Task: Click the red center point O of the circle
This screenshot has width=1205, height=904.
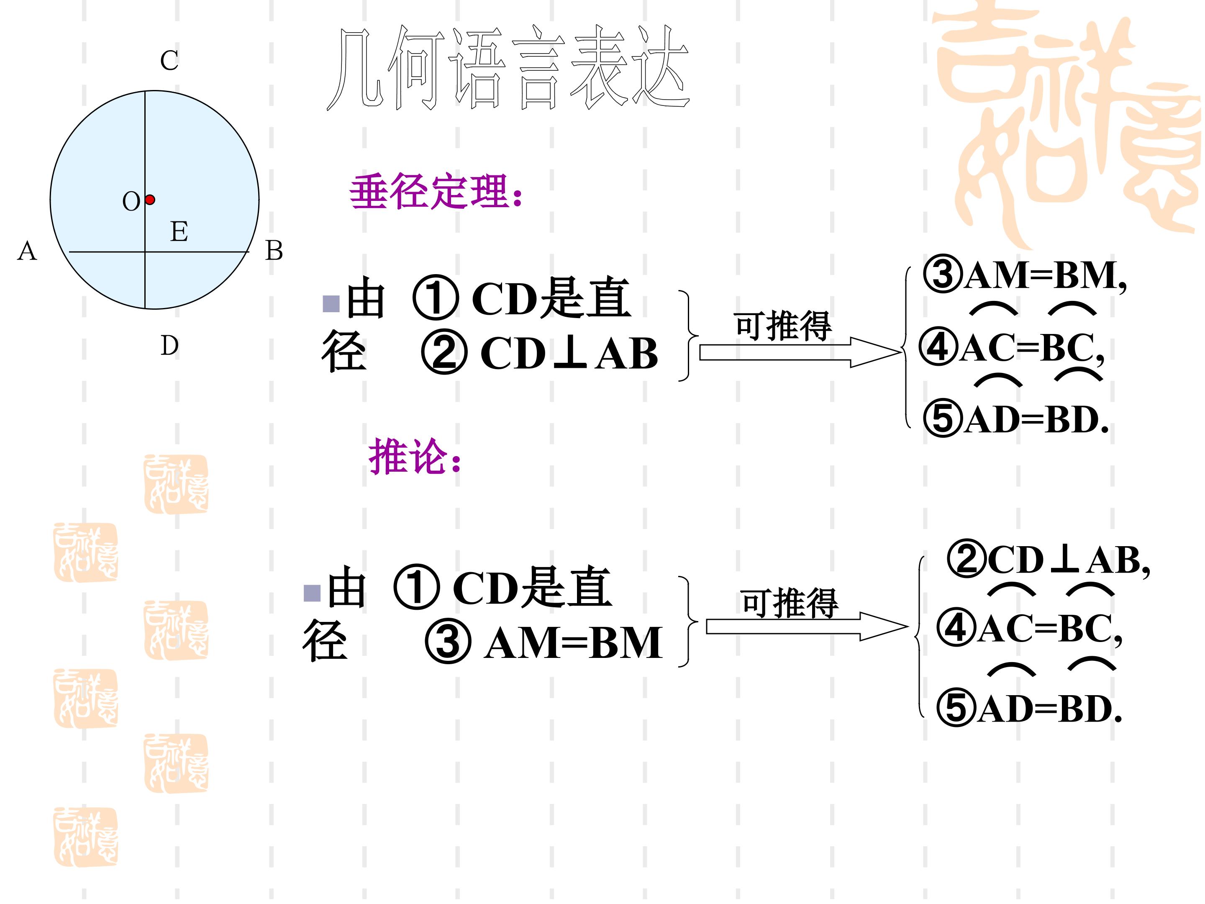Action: point(150,200)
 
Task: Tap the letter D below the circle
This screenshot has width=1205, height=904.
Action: point(169,345)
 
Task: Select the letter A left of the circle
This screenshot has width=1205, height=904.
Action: point(27,251)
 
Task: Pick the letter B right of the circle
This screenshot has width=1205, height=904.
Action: point(274,251)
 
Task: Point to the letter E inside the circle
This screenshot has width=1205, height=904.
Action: point(179,231)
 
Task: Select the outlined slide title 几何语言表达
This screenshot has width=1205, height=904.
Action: point(508,68)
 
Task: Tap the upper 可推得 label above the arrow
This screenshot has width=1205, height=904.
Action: point(783,326)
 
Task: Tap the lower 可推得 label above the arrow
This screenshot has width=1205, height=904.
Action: point(790,603)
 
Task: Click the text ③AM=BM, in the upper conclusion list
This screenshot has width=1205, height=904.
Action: point(1025,275)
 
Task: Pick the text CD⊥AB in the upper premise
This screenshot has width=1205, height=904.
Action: point(569,353)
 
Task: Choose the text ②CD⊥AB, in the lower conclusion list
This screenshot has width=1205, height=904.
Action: point(1048,560)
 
